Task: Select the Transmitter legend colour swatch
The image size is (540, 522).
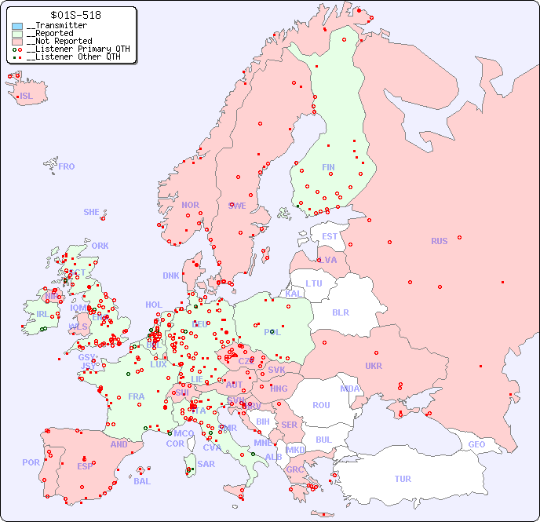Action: pyautogui.click(x=17, y=26)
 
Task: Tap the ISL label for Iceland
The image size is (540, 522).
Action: pyautogui.click(x=27, y=97)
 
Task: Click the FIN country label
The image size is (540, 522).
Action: pyautogui.click(x=328, y=167)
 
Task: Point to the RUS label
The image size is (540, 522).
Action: pyautogui.click(x=439, y=241)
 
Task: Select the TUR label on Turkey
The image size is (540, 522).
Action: pyautogui.click(x=403, y=479)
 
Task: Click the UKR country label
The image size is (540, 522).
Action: pyautogui.click(x=374, y=366)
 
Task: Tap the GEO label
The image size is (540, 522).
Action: pyautogui.click(x=476, y=444)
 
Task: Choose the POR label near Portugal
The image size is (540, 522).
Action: pyautogui.click(x=31, y=462)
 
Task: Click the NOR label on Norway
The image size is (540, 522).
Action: pyautogui.click(x=190, y=205)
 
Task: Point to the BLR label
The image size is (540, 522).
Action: pyautogui.click(x=340, y=312)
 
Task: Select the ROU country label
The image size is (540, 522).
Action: pyautogui.click(x=321, y=405)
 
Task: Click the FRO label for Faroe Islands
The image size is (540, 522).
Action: pyautogui.click(x=66, y=166)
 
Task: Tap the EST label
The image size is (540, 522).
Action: pyautogui.click(x=330, y=236)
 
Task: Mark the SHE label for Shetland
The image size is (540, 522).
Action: pyautogui.click(x=91, y=212)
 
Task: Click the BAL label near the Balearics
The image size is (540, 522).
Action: pyautogui.click(x=142, y=481)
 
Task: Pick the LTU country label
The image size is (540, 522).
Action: pyautogui.click(x=314, y=283)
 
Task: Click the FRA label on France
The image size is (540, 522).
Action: pyautogui.click(x=137, y=396)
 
